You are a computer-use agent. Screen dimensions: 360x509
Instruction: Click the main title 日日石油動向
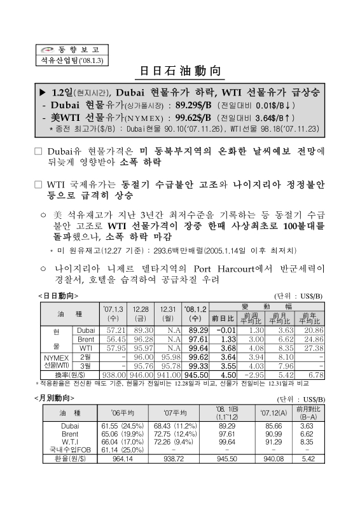179,71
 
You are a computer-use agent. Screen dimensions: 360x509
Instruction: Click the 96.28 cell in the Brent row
141,340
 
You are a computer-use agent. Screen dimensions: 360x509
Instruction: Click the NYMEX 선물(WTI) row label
57,362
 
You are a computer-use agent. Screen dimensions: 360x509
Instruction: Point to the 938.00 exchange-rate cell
114,375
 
